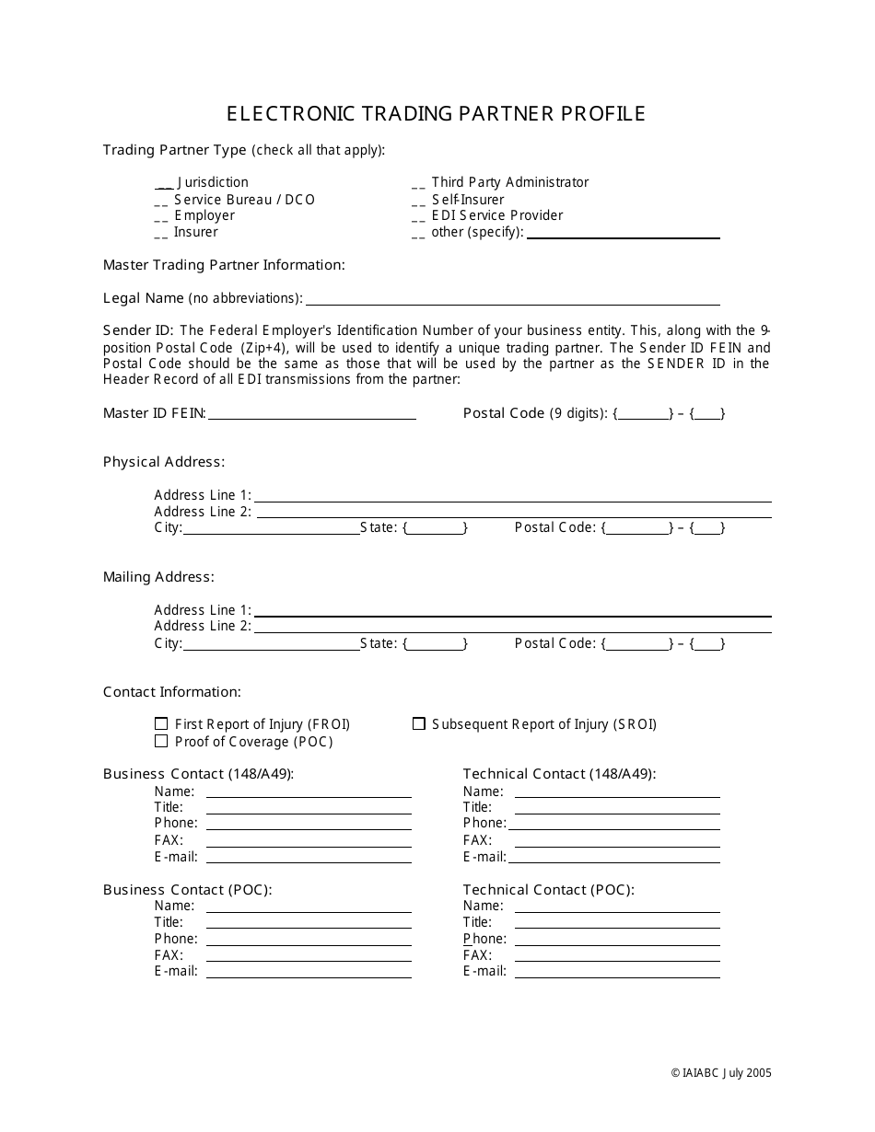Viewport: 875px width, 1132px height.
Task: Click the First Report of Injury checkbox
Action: [161, 724]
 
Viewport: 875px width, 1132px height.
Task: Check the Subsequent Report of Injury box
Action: [418, 724]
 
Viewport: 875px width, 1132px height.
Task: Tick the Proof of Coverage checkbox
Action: [161, 741]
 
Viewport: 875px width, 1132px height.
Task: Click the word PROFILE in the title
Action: [599, 113]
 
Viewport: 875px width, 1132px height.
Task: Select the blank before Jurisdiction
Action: [163, 183]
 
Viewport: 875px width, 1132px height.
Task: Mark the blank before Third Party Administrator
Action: [418, 183]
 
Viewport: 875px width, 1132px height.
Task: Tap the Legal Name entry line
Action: [512, 301]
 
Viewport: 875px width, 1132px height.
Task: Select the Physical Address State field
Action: [436, 528]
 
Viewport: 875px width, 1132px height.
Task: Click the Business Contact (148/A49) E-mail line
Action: [309, 859]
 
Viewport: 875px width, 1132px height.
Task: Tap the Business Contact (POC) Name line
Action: [309, 908]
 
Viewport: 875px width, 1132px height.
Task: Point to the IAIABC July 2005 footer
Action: [721, 1072]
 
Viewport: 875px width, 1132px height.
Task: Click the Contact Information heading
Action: [172, 692]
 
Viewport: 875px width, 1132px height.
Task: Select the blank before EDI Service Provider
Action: [418, 216]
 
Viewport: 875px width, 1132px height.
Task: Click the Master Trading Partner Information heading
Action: [224, 265]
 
